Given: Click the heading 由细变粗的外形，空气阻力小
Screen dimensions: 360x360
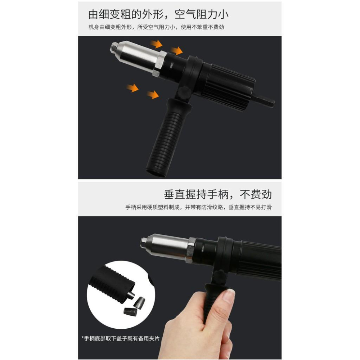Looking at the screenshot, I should [x=158, y=14].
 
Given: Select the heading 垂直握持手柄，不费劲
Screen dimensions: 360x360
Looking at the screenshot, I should [x=218, y=194].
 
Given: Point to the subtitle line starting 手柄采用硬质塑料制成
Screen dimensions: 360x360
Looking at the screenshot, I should [x=198, y=208].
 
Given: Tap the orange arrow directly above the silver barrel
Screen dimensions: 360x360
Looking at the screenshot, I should [x=156, y=44].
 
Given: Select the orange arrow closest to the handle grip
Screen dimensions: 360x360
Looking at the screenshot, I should [x=153, y=95].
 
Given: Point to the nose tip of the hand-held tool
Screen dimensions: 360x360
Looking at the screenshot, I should [x=143, y=240].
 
